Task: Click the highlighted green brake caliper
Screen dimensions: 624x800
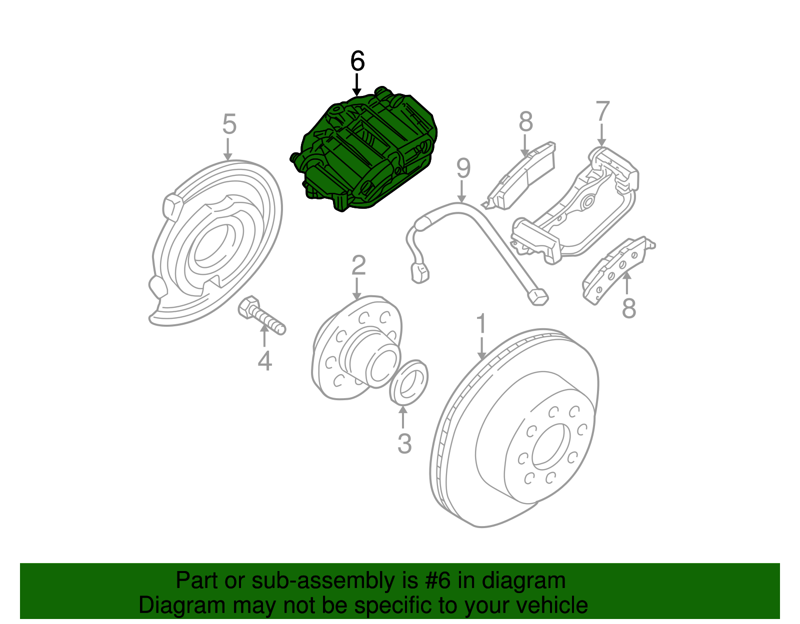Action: pyautogui.click(x=365, y=150)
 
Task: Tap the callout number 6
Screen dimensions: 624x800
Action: pyautogui.click(x=357, y=61)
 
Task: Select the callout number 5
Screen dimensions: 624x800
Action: pyautogui.click(x=229, y=124)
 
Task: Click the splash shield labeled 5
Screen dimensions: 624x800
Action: pyautogui.click(x=215, y=245)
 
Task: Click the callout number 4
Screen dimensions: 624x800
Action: pyautogui.click(x=264, y=361)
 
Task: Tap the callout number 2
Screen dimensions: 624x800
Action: pyautogui.click(x=358, y=265)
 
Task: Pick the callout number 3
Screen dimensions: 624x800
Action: pyautogui.click(x=404, y=443)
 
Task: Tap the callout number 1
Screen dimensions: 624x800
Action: pyautogui.click(x=481, y=324)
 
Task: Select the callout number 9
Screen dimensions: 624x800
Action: pyautogui.click(x=463, y=168)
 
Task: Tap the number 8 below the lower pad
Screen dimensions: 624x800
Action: pyautogui.click(x=628, y=308)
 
